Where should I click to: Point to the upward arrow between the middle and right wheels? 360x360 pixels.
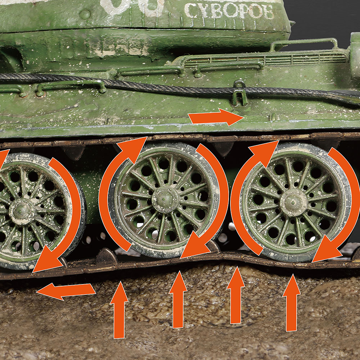coord(236,295)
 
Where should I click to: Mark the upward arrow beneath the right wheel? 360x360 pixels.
coord(291,302)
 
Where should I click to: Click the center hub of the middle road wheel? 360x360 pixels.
coord(165,199)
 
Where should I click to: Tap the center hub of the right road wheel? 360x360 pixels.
coord(294,203)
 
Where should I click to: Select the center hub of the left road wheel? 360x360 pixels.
coord(22,212)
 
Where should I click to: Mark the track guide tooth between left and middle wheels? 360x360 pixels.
coord(106,256)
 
